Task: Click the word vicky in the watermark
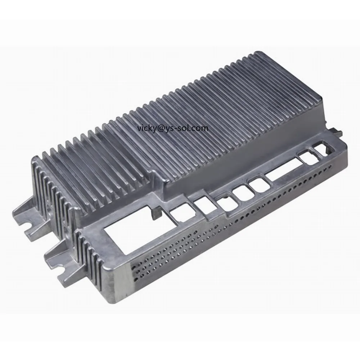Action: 145,128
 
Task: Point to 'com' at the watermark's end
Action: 201,128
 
